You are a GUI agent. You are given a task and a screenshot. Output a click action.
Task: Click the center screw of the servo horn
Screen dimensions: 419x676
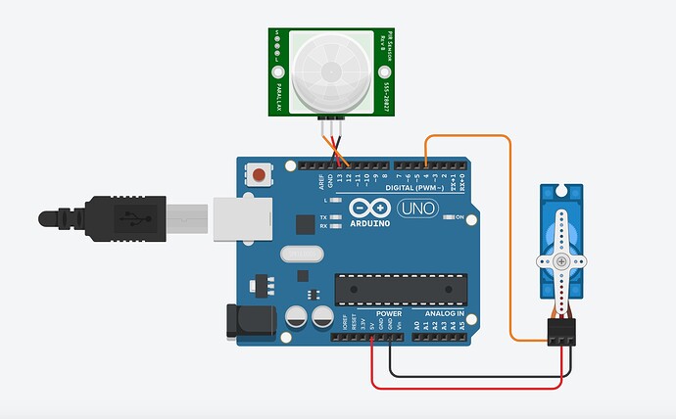point(561,261)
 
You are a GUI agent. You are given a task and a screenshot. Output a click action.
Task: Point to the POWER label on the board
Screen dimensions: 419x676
point(374,313)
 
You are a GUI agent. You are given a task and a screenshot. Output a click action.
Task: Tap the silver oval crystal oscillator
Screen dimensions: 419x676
point(299,254)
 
